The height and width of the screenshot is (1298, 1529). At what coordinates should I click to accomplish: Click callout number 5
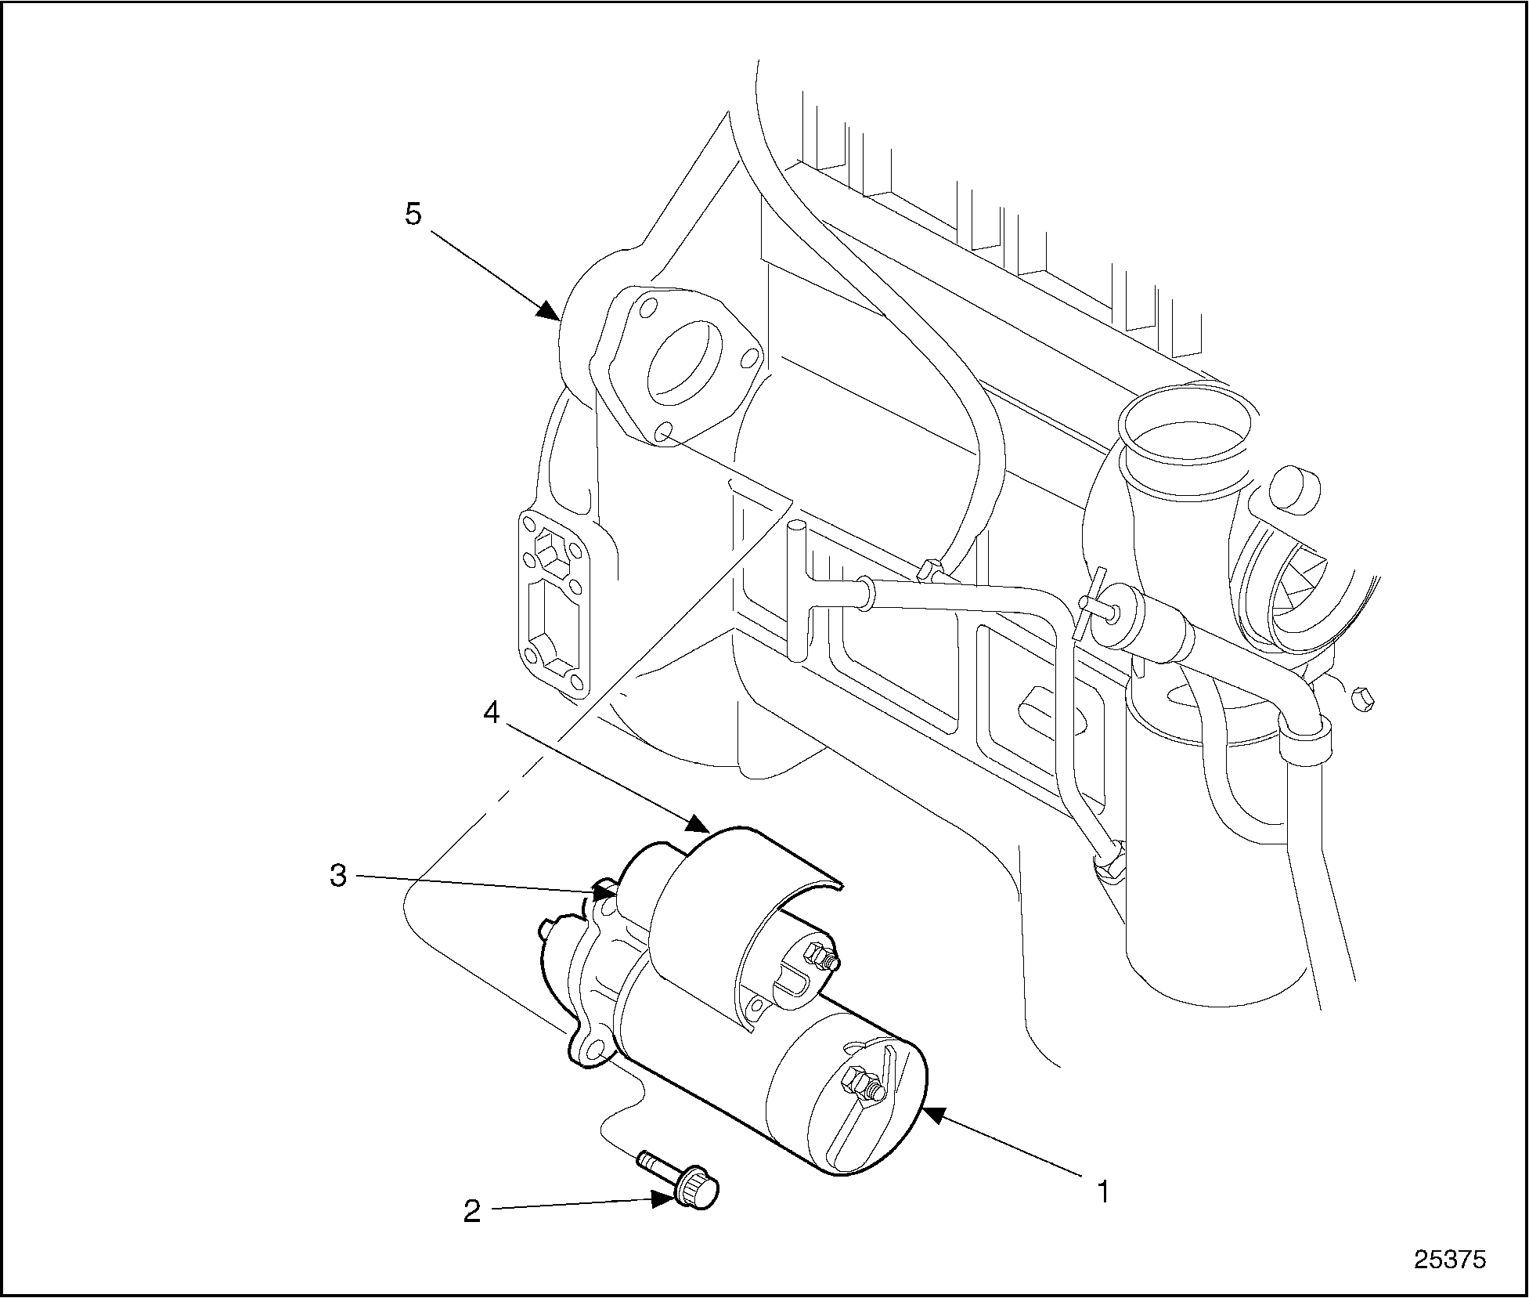(x=413, y=214)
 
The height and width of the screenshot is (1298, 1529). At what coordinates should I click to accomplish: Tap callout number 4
(x=491, y=714)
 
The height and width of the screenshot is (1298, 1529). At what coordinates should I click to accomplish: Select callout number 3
(x=337, y=876)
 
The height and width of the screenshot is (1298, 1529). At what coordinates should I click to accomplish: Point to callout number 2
(x=471, y=1211)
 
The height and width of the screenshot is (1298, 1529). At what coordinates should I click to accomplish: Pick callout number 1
(x=1102, y=1192)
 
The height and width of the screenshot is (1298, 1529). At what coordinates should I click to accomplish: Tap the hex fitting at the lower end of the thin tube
(x=1109, y=862)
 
